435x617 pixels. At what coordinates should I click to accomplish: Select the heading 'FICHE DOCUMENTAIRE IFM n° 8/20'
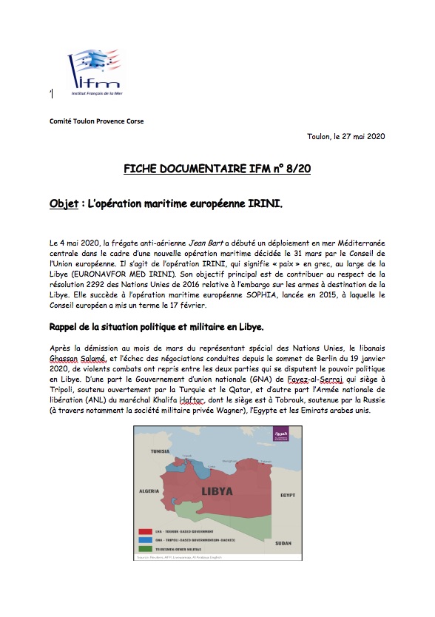[x=217, y=169]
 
